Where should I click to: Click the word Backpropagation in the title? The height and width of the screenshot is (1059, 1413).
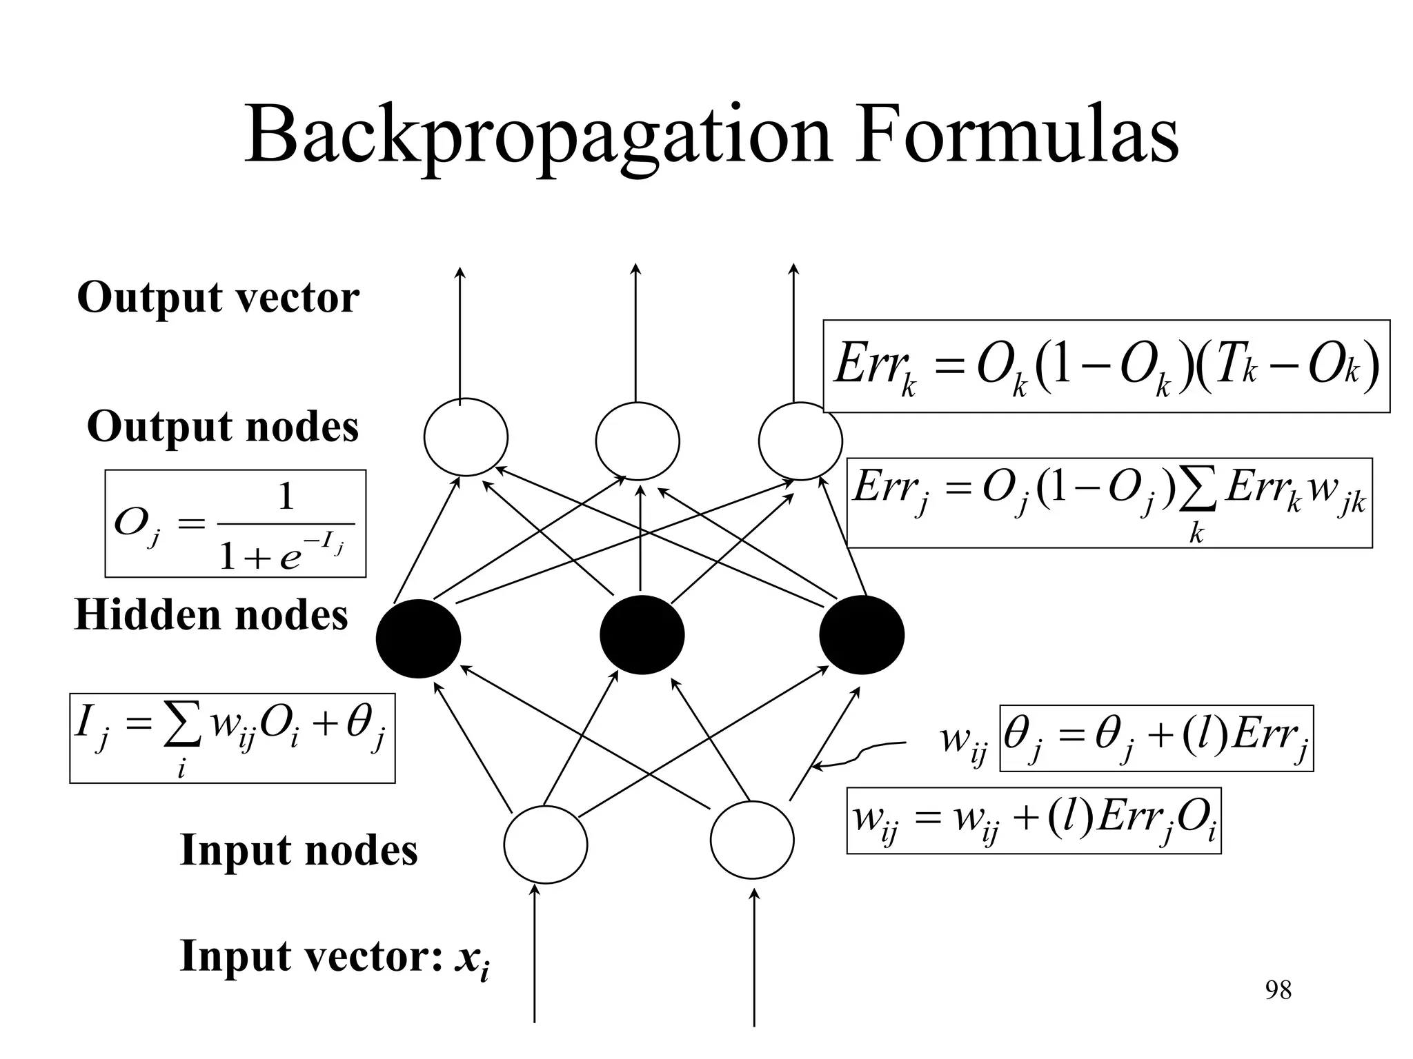537,138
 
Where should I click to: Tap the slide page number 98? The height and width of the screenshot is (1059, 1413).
1278,990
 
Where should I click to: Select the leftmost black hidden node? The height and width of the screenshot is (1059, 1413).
418,638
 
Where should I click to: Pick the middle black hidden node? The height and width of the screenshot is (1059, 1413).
642,634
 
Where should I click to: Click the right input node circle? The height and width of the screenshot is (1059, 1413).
752,840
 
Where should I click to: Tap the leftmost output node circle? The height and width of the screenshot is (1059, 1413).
466,437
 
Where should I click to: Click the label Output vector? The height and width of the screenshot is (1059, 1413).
218,298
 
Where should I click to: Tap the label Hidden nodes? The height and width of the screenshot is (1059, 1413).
211,614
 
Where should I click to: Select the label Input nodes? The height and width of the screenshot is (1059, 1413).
298,849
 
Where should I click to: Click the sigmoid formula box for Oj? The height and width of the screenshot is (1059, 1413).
235,523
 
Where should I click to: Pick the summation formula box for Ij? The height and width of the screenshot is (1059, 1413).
232,738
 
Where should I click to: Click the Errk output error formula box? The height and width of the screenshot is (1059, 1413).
1106,366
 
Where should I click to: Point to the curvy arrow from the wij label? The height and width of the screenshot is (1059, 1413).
859,755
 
